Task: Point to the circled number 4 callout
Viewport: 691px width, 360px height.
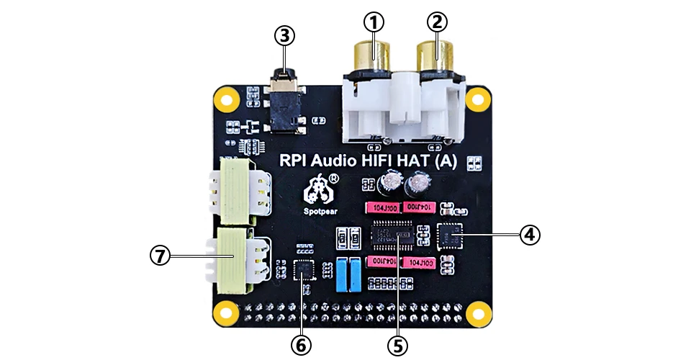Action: point(529,234)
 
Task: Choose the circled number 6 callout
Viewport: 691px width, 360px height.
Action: point(302,345)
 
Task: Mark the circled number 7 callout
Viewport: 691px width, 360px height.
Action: point(160,255)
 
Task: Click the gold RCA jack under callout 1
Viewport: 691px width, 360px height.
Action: point(372,55)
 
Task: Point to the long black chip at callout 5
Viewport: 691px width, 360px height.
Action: point(393,235)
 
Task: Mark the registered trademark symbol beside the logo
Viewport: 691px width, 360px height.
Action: point(335,176)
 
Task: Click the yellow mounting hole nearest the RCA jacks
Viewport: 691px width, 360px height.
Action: point(476,99)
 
